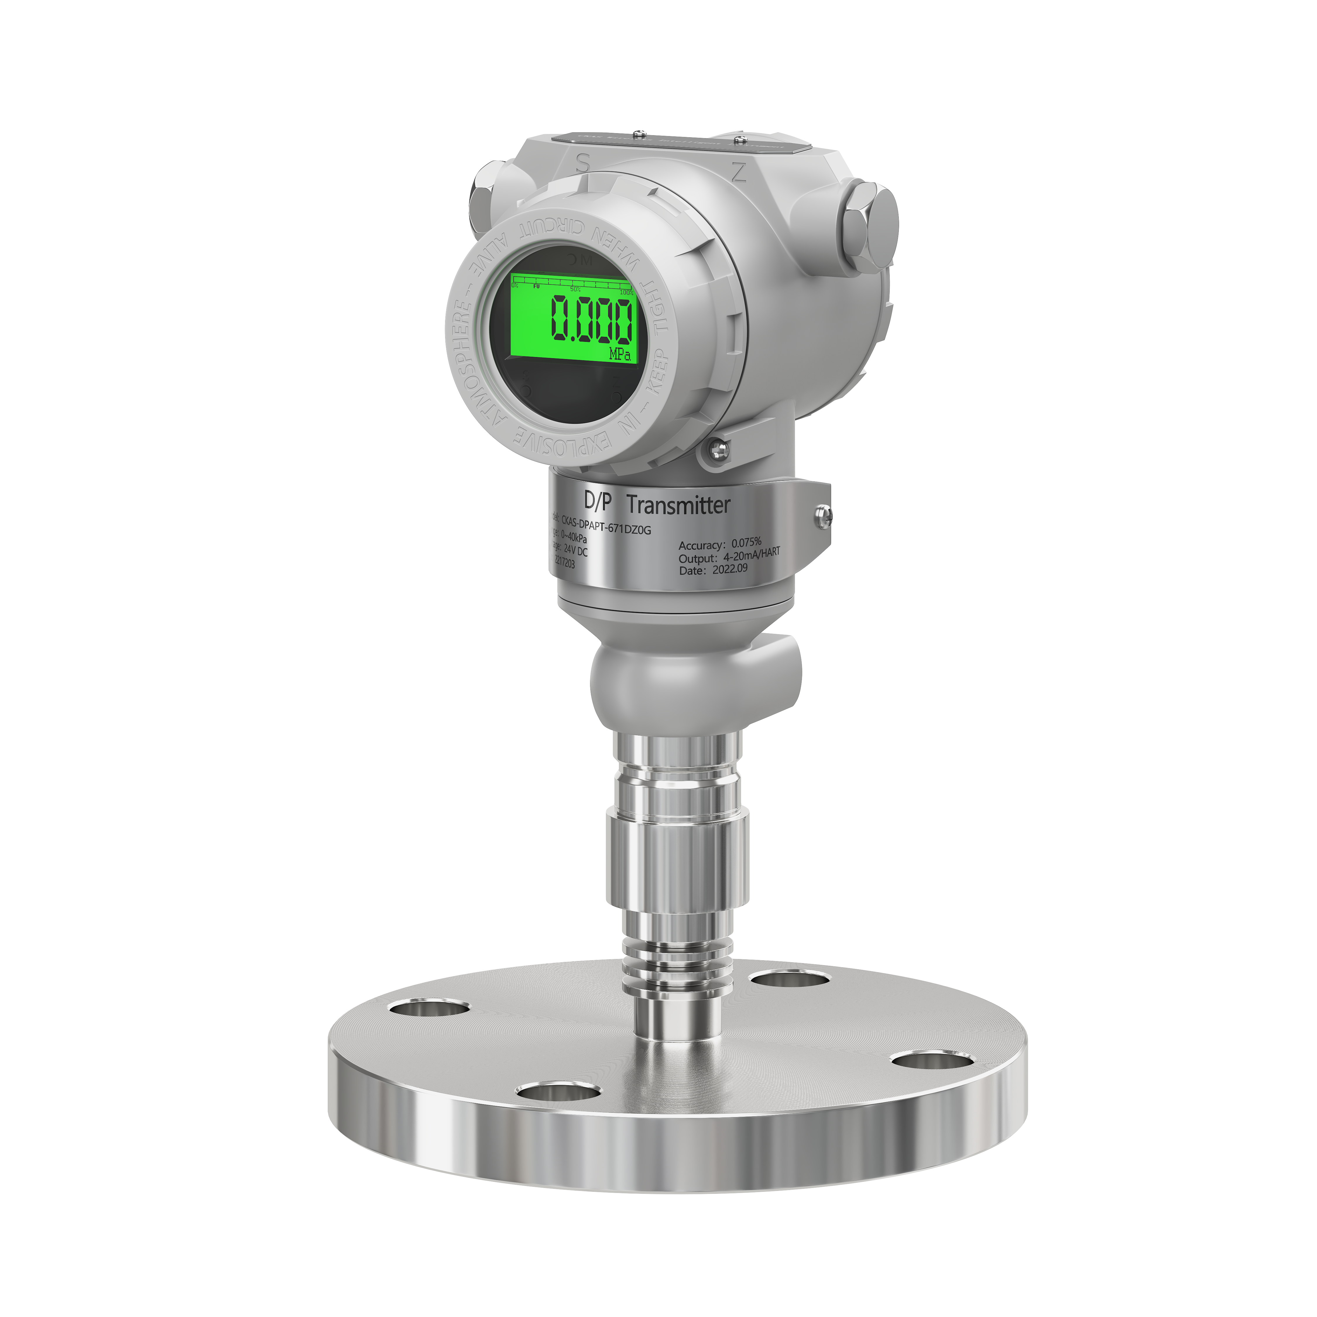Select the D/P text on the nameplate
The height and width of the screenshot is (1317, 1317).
598,501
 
